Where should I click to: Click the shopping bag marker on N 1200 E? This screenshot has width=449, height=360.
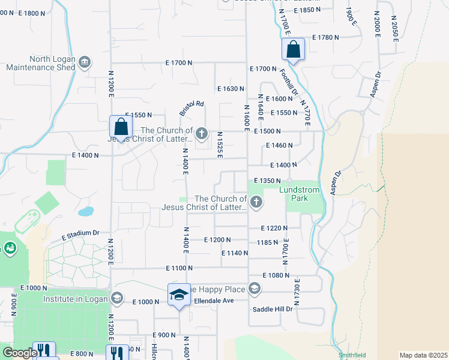[121, 127]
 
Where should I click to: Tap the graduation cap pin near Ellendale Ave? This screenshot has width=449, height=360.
[179, 295]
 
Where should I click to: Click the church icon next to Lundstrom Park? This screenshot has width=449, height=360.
[256, 202]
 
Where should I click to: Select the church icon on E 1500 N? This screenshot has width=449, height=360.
[202, 133]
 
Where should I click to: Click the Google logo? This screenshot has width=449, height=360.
[20, 353]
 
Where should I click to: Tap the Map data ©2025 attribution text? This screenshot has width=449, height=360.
[423, 355]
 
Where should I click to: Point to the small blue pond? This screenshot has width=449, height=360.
[86, 211]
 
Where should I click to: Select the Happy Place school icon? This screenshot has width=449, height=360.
[255, 289]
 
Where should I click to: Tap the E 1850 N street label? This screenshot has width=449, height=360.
[304, 10]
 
